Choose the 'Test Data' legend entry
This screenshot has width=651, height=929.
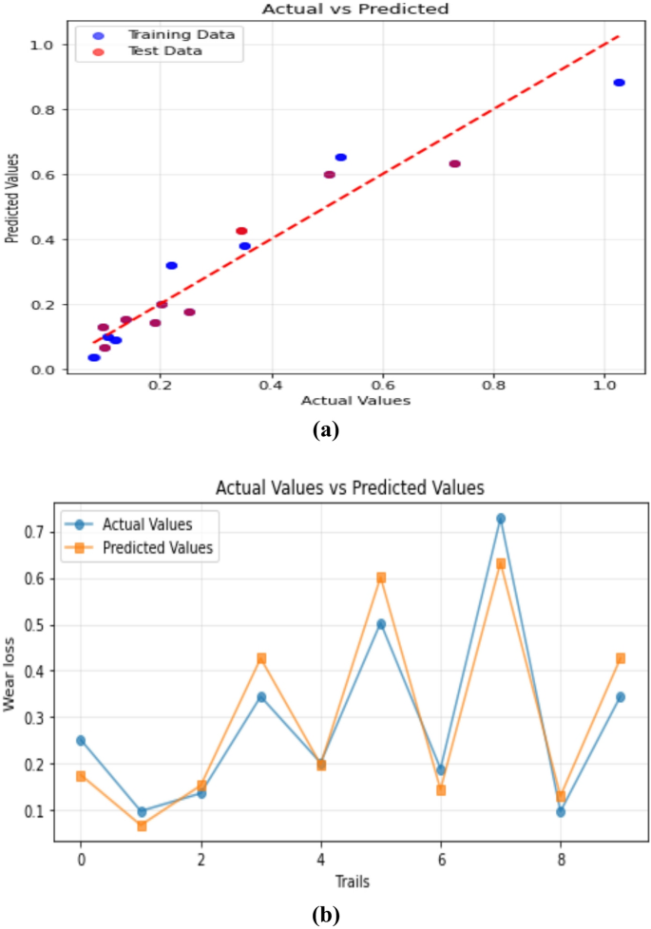click(165, 50)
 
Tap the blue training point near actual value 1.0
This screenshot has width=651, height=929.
click(619, 83)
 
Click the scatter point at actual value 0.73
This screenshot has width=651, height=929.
click(454, 163)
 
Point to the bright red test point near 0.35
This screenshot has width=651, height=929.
click(241, 231)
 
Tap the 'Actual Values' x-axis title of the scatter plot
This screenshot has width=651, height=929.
click(354, 401)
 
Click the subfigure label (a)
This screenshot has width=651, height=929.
click(325, 430)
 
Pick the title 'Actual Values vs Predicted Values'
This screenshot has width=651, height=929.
click(350, 488)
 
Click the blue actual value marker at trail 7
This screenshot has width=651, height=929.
click(501, 519)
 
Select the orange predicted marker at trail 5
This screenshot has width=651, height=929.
click(381, 578)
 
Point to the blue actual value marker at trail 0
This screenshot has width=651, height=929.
click(81, 740)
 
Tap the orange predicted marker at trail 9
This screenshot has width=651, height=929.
click(621, 658)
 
